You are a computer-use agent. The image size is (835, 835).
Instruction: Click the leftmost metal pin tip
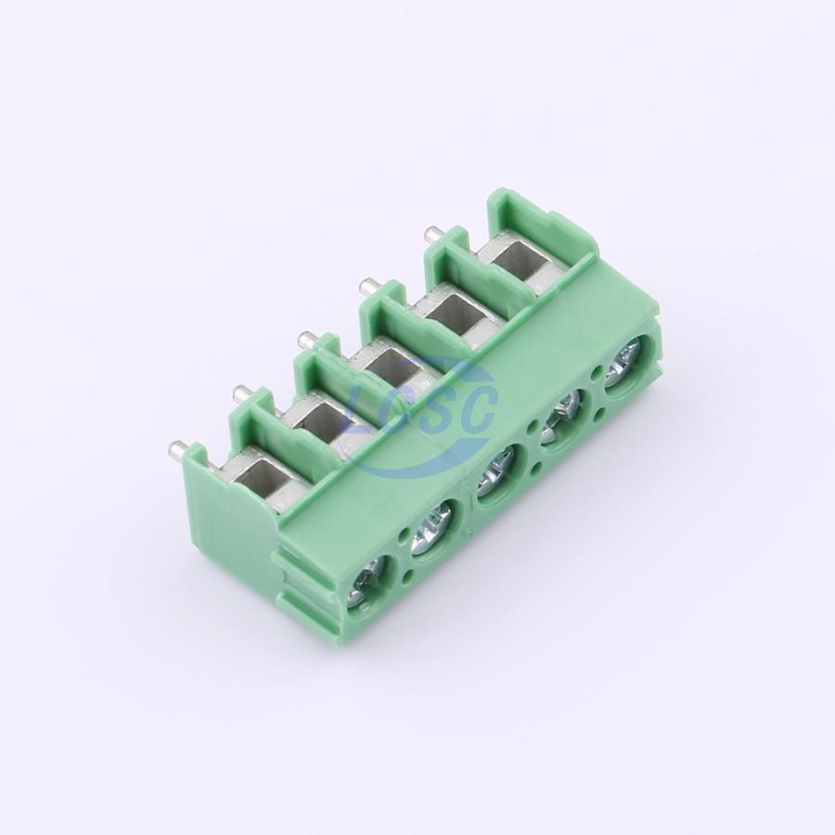[178, 449]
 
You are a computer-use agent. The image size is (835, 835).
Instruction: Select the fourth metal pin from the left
[368, 286]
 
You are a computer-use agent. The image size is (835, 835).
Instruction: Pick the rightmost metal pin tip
[434, 234]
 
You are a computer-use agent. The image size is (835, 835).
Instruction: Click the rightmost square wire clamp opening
[516, 260]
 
